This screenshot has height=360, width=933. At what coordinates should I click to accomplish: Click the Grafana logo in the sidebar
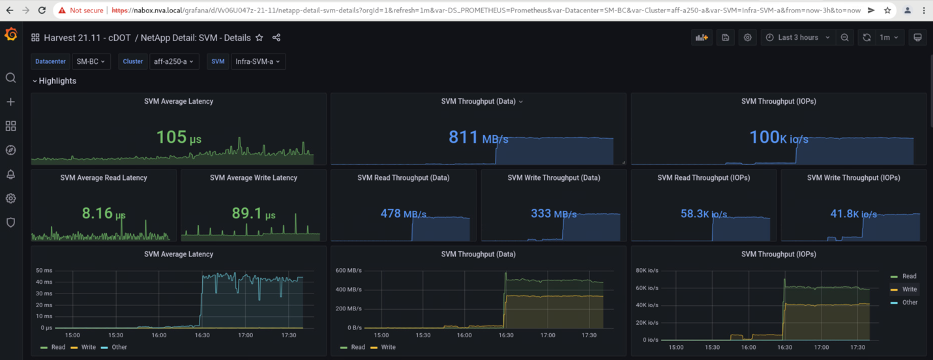click(10, 35)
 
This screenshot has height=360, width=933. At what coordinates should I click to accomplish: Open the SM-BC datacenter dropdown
click(91, 61)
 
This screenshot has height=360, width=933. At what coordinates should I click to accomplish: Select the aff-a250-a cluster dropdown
click(173, 61)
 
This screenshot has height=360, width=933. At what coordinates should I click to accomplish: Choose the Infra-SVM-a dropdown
click(258, 61)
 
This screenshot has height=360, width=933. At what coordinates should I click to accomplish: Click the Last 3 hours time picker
click(798, 38)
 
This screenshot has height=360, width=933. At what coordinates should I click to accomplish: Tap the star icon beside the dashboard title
click(259, 38)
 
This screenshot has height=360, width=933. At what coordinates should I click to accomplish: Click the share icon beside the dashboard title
click(276, 38)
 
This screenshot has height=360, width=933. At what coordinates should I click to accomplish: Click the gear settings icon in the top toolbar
click(748, 38)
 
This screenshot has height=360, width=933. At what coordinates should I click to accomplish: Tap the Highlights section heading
click(57, 81)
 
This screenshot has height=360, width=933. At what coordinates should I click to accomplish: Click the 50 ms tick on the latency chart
click(44, 270)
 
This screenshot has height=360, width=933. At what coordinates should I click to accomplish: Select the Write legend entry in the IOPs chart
click(909, 289)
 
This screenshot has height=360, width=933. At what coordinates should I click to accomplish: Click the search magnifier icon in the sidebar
click(10, 78)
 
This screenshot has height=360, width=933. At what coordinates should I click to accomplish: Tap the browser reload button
click(42, 10)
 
